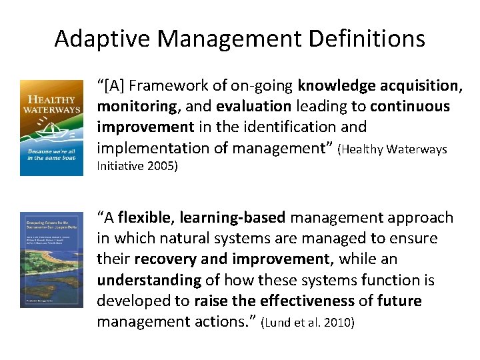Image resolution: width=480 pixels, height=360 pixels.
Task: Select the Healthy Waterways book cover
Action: point(51,128)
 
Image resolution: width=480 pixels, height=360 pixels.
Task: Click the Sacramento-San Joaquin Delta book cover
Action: point(51,260)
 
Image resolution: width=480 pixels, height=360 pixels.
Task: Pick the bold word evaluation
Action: point(253,107)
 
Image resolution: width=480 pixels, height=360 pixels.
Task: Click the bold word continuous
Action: point(410,107)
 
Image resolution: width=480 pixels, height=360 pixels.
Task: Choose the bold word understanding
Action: point(149,281)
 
